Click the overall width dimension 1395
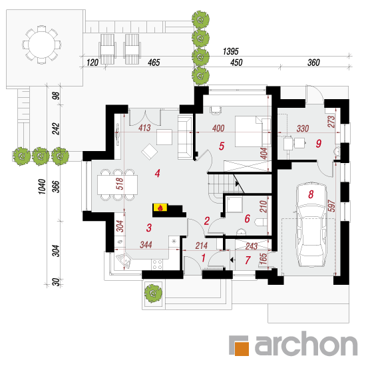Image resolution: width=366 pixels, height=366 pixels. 231,51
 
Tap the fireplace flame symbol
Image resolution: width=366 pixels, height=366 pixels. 160,208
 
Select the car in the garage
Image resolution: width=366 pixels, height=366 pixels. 311,224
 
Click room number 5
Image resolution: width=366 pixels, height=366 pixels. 222,146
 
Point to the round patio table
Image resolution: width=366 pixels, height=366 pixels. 41,45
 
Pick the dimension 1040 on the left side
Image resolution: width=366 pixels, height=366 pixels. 42,186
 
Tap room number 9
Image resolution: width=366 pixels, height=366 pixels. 319,143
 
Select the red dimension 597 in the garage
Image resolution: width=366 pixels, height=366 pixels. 331,206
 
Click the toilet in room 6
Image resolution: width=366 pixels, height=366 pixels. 262,222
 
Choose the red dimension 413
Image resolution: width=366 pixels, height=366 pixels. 144,128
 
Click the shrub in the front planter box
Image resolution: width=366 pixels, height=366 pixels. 153,293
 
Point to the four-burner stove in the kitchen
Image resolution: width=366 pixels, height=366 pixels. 157,264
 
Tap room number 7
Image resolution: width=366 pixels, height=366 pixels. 248,260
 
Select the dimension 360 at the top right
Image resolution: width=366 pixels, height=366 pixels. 313,63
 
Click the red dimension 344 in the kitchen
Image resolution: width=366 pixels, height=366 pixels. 146,245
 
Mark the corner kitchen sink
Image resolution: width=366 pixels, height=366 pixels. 124,260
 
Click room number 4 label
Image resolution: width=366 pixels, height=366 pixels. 158,174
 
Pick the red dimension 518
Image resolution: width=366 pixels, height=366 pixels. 120,184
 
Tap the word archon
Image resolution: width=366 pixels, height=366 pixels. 306,344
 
